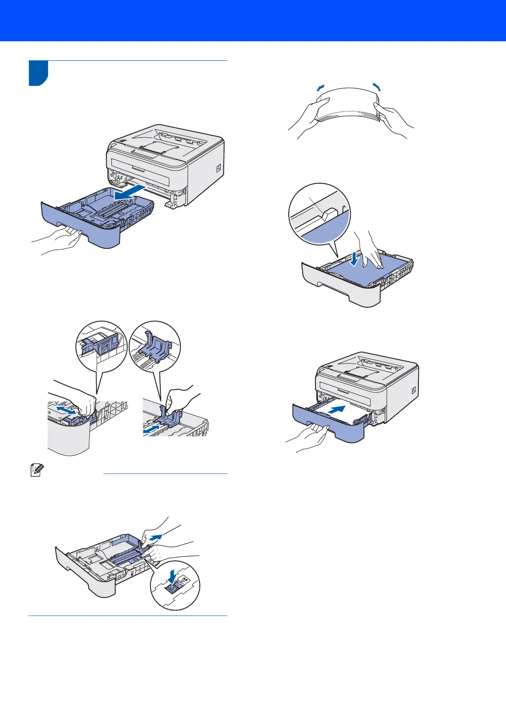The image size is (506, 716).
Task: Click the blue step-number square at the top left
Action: pyautogui.click(x=38, y=73)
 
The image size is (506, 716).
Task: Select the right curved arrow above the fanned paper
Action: pyautogui.click(x=376, y=86)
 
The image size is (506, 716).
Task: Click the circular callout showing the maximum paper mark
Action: pyautogui.click(x=319, y=214)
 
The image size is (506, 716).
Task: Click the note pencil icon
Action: pyautogui.click(x=36, y=470)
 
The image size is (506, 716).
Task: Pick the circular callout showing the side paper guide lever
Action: pyautogui.click(x=101, y=346)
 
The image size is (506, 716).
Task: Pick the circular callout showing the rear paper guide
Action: pyautogui.click(x=155, y=347)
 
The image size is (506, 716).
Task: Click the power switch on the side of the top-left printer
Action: pyautogui.click(x=219, y=168)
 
